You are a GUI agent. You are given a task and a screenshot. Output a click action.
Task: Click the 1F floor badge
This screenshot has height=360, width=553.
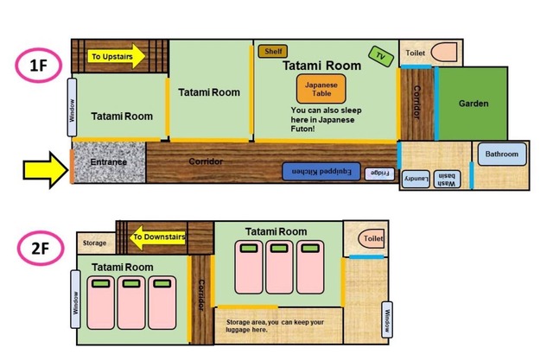[38, 66]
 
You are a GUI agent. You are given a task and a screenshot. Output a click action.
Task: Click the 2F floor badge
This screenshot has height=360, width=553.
[41, 248]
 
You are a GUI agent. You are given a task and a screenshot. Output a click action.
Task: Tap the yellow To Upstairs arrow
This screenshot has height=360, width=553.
[116, 56]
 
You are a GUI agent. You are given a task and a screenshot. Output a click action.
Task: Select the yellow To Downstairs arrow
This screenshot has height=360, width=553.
[157, 237]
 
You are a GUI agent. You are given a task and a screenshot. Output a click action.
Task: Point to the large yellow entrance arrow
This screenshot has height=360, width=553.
[46, 170]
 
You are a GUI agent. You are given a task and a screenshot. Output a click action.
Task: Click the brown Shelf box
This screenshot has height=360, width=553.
[273, 52]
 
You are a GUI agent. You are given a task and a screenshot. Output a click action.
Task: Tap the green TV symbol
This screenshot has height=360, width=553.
[381, 56]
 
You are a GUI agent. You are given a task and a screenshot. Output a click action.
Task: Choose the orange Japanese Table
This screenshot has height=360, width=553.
[321, 89]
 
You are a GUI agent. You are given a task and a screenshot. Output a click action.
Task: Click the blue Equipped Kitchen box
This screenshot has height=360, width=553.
[321, 172]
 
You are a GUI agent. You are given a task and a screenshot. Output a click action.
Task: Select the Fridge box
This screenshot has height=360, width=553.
[379, 174]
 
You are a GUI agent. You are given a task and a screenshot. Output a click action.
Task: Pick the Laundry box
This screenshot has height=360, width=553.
[416, 179]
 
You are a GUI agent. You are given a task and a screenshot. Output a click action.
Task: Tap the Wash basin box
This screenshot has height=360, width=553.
[447, 179]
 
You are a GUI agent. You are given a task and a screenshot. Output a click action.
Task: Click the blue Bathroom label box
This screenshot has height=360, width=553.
[502, 154]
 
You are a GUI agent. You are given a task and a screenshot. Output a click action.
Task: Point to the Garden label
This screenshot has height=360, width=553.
[474, 104]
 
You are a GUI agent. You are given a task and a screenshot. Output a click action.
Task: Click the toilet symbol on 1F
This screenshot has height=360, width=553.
[443, 52]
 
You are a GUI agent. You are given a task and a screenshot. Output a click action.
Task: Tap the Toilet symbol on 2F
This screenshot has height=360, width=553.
[372, 238]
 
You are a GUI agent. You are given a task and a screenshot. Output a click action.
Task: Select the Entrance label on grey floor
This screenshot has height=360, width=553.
[108, 162]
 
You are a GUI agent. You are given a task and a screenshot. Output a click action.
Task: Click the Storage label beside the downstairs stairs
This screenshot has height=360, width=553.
[94, 243]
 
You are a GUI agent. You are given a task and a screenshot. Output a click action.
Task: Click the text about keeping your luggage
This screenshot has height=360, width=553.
[275, 325]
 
